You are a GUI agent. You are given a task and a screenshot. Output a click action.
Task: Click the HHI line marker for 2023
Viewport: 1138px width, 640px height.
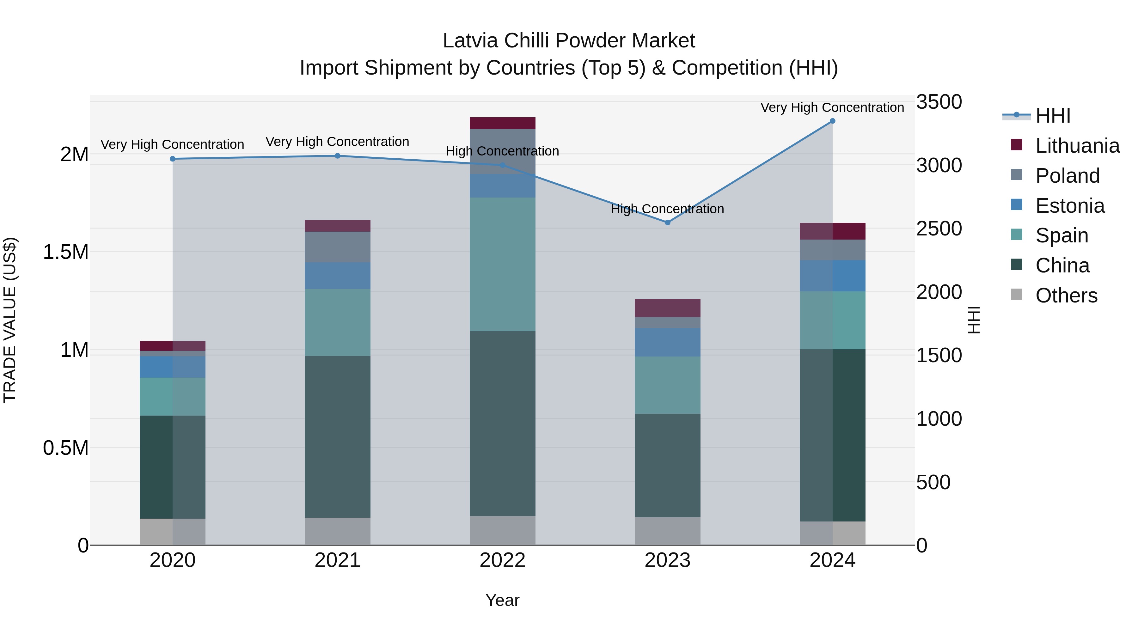668,222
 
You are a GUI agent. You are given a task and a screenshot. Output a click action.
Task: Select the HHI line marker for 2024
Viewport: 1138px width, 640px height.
832,121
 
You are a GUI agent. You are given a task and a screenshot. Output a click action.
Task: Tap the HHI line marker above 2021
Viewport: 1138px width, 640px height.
338,156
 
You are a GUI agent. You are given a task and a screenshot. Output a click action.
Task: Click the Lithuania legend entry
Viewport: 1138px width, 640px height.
1077,146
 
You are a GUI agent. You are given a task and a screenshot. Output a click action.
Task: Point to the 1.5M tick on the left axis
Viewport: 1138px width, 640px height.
65,252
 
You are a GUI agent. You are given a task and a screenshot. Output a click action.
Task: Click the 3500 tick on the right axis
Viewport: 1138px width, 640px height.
939,102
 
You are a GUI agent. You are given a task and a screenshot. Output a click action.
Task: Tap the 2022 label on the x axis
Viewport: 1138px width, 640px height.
502,560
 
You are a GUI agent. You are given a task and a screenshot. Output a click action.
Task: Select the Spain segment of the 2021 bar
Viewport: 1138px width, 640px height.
338,322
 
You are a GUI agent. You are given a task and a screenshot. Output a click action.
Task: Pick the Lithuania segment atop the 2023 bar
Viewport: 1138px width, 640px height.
668,308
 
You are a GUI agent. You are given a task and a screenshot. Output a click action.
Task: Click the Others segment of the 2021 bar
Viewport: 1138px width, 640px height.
338,531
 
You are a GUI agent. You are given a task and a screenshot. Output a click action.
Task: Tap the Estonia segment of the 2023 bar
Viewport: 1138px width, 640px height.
668,342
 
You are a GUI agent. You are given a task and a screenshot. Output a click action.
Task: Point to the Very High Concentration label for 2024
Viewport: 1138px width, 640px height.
832,107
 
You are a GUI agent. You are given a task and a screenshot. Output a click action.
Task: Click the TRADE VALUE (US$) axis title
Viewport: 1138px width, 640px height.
10,320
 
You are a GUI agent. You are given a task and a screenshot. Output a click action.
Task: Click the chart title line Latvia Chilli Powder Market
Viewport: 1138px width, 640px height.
569,41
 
